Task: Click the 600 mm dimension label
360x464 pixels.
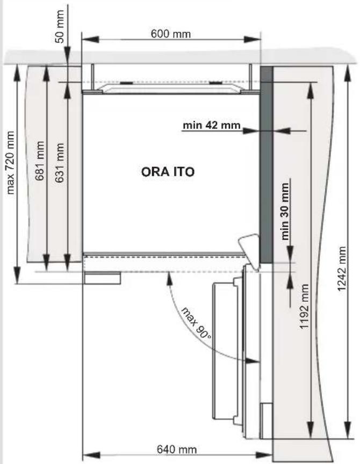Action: (171, 34)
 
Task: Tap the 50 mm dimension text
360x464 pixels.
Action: (60, 26)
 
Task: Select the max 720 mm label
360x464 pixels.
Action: (10, 163)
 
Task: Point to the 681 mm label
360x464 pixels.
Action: (40, 161)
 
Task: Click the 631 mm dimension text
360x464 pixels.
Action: (60, 163)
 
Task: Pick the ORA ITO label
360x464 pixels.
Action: (168, 172)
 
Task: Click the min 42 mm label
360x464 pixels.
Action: (211, 125)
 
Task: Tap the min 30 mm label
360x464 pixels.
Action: (285, 211)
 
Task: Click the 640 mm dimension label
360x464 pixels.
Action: (177, 450)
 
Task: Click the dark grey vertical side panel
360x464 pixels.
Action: (266, 164)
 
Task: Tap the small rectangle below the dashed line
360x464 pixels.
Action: (102, 278)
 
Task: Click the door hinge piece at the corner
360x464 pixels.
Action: (249, 251)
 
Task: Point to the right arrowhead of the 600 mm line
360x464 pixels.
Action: (252, 39)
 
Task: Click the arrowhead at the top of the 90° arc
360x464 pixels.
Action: (169, 279)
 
